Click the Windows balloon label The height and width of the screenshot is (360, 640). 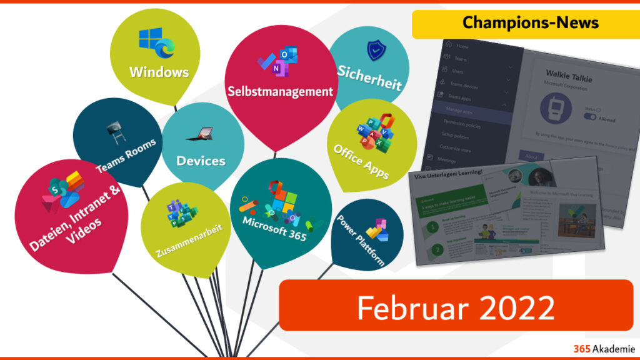159,72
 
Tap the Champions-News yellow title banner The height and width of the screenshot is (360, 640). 531,23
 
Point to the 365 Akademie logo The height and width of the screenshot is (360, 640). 604,349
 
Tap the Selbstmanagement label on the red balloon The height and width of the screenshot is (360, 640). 280,92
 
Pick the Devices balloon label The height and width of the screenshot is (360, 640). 201,161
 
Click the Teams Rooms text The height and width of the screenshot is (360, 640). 126,156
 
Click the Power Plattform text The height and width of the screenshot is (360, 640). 361,240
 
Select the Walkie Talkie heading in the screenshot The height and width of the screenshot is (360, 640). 568,79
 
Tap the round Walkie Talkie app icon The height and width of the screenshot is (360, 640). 555,109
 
